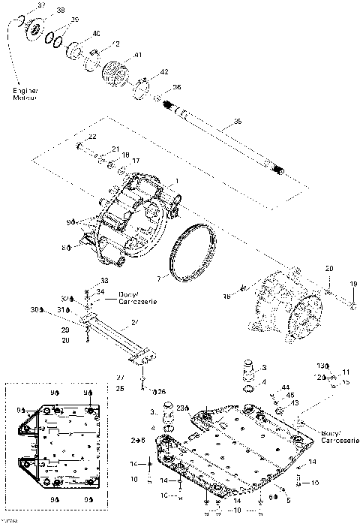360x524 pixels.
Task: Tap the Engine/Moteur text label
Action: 24,95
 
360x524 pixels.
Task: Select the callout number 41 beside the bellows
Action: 138,56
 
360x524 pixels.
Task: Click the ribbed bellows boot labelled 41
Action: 115,74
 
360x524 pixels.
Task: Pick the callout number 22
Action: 92,137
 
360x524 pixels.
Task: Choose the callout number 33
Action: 103,281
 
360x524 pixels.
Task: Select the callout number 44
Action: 286,387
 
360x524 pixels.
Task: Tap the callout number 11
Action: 346,372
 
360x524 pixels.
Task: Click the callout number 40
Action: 97,34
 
